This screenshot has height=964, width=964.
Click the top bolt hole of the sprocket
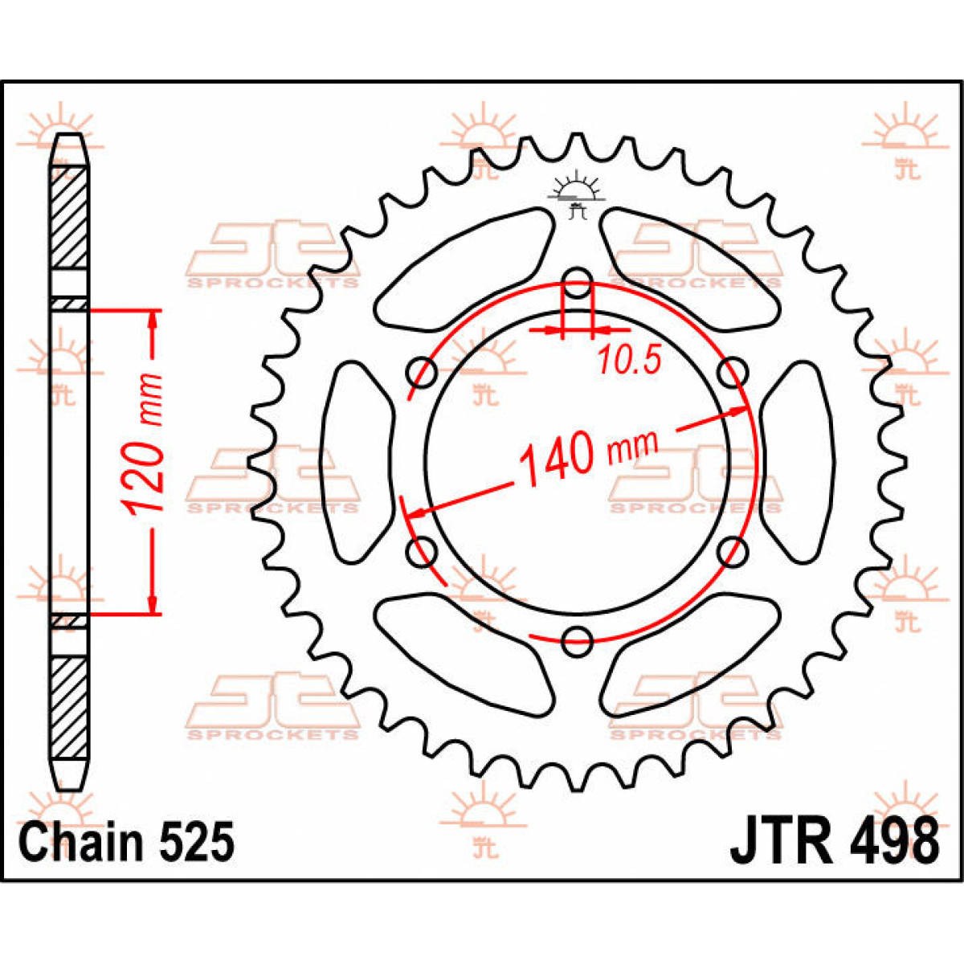coord(577,283)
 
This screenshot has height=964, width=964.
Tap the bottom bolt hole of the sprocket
coord(577,641)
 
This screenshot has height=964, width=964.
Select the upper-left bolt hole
coord(423,372)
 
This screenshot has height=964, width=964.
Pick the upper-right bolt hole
coord(733,372)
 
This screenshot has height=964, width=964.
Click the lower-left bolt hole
coord(423,552)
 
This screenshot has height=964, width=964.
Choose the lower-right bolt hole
coord(733,552)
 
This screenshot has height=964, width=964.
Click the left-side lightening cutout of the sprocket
coord(357,462)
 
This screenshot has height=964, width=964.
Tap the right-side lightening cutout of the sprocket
coord(798,462)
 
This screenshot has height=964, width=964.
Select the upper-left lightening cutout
coord(463,270)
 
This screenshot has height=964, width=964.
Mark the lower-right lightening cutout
coord(691,655)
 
